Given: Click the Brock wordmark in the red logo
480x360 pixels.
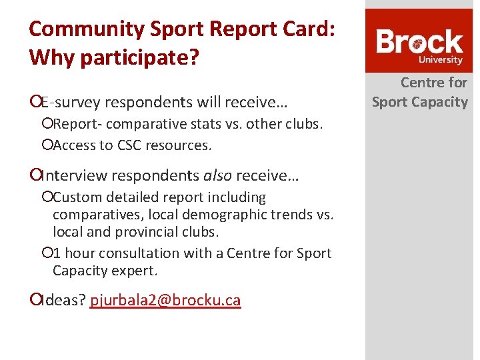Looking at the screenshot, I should pos(419,43).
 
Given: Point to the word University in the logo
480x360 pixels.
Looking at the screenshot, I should pos(440,60).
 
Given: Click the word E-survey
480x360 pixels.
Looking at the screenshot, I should pos(70,102).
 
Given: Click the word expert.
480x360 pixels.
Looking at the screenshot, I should pos(136,271).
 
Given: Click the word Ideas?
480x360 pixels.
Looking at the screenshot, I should pos(63,301).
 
